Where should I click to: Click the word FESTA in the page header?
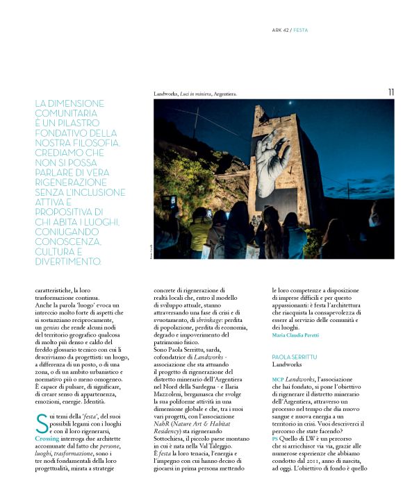(x=301, y=31)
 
